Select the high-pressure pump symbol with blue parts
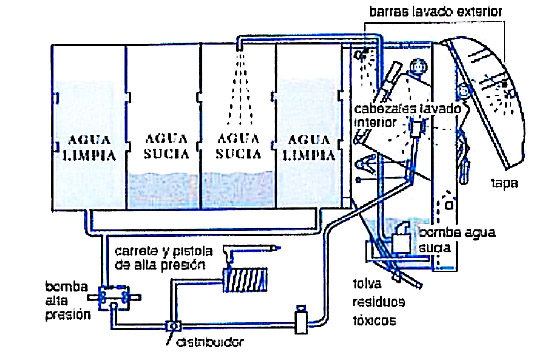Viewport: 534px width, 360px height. (115, 296)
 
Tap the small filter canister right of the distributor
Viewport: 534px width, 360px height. (299, 318)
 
